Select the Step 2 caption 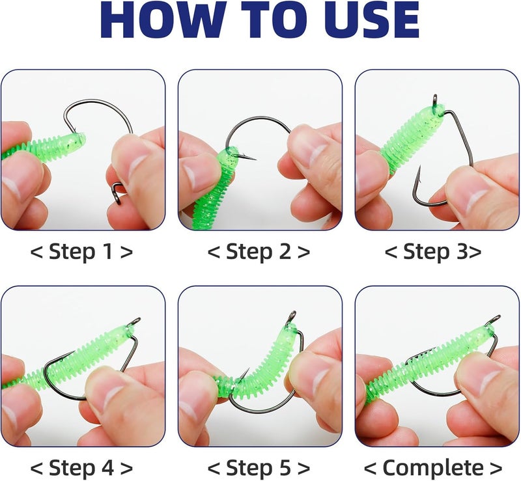point(259,252)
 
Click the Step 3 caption point(433,252)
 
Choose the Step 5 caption point(259,467)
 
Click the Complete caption point(433,467)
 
